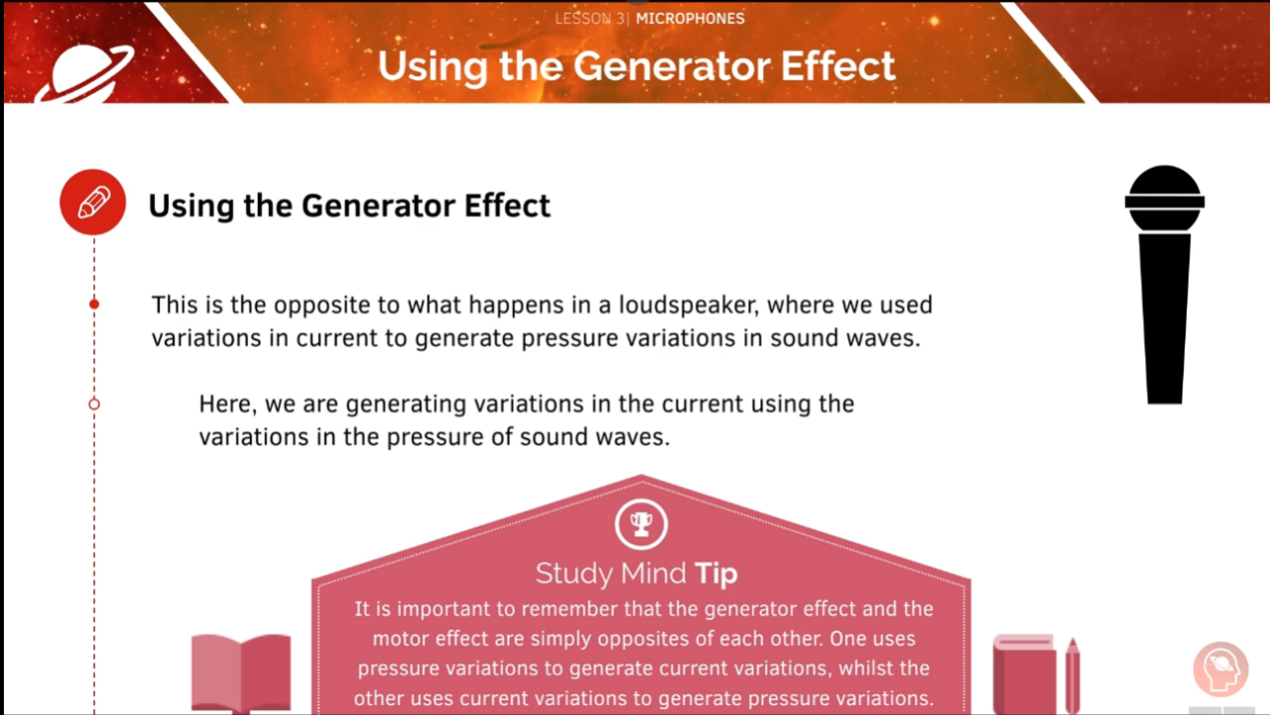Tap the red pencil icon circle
[x=92, y=202]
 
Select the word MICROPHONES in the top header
[x=690, y=18]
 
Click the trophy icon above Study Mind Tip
[x=641, y=523]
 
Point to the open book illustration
[x=241, y=672]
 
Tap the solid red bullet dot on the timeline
[x=94, y=304]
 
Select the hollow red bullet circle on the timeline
[x=94, y=404]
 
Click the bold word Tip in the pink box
[x=716, y=573]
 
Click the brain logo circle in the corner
[x=1219, y=669]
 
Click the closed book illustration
[x=1025, y=674]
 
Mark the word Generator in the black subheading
[x=381, y=205]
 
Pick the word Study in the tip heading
[x=572, y=573]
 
